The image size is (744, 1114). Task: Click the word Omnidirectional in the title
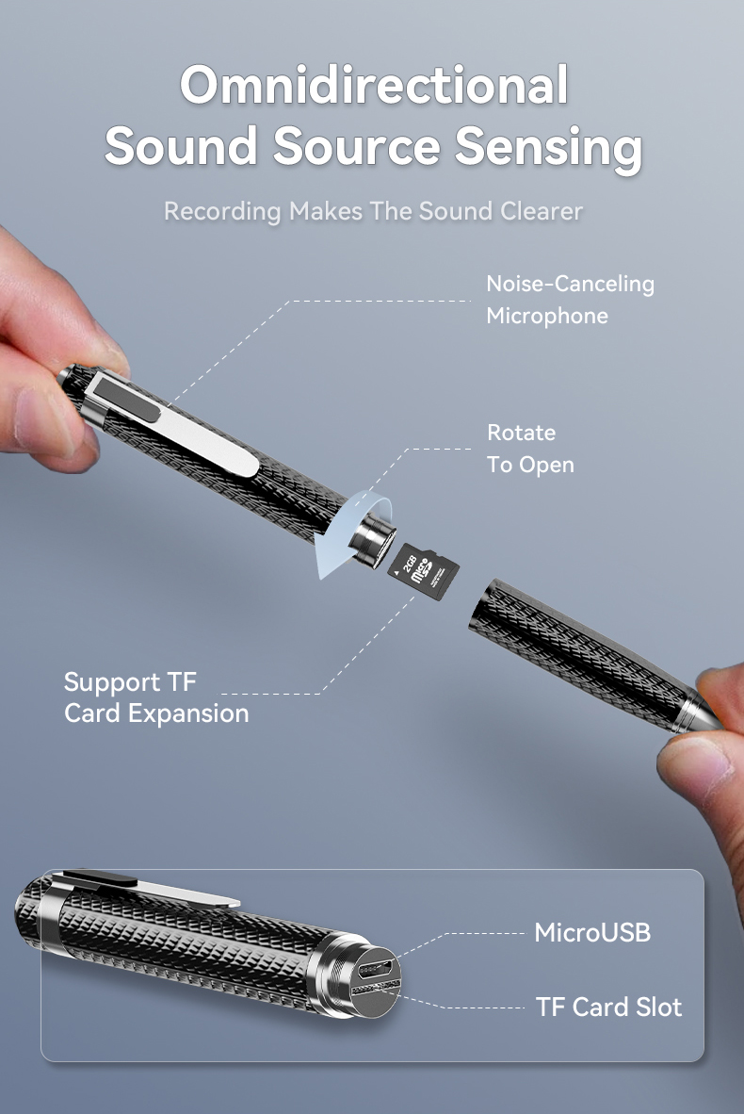374,85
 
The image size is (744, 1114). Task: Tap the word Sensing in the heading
549,147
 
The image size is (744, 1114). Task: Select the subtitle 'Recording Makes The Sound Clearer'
373,210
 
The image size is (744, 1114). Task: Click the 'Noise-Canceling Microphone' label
569,299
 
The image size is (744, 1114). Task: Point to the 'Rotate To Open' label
529,449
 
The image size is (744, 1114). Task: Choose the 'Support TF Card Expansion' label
156,697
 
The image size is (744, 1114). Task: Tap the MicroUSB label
591,933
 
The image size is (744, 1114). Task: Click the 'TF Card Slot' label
608,1007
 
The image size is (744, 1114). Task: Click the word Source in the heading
356,147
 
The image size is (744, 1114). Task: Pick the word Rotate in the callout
521,433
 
